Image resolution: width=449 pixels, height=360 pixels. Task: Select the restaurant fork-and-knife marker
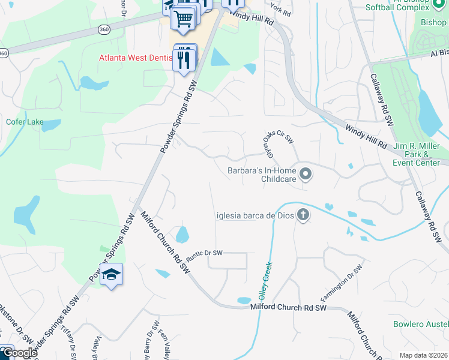point(184,58)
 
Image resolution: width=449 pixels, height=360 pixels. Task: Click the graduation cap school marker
point(111,275)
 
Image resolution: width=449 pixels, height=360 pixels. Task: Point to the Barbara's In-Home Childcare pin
point(306,175)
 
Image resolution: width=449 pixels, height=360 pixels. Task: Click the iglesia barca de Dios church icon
point(303,215)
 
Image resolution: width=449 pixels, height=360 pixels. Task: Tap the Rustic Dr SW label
point(204,253)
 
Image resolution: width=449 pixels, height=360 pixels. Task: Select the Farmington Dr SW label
point(342,283)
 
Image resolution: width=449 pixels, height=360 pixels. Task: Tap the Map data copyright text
point(424,355)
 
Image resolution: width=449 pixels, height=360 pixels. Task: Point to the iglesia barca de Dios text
point(255,216)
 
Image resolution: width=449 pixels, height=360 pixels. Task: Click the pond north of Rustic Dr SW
point(182,233)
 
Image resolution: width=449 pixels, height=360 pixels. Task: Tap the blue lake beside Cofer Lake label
point(52,125)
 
